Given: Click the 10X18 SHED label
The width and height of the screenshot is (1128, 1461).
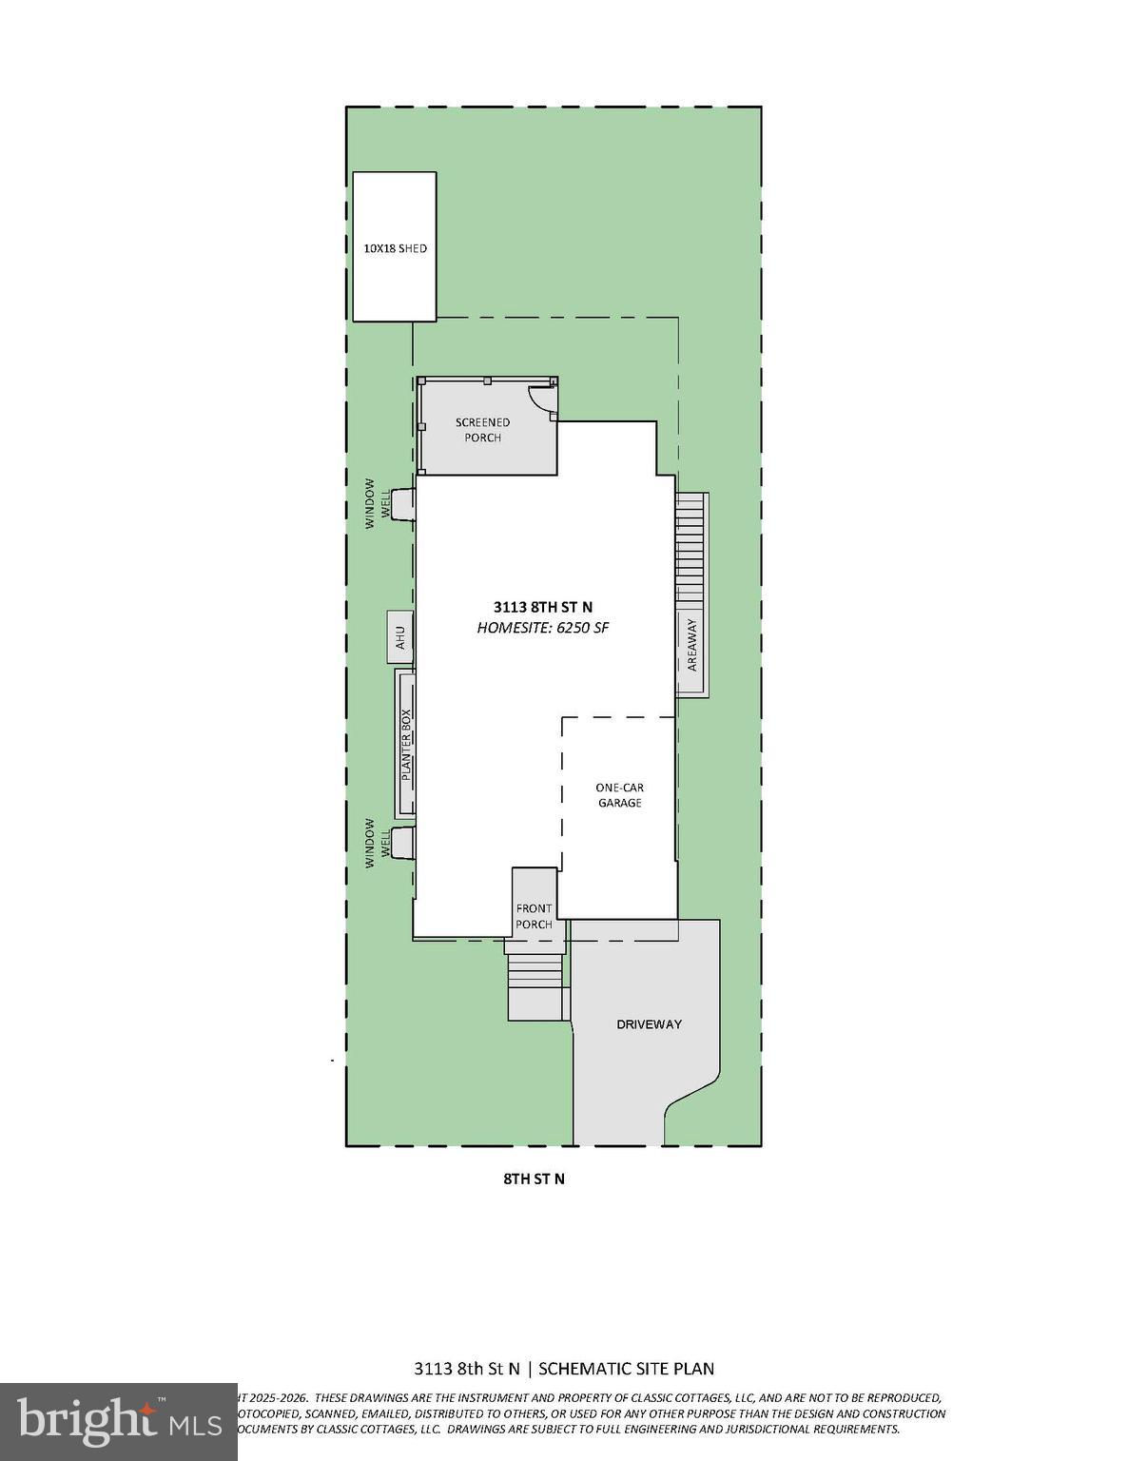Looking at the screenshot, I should (395, 248).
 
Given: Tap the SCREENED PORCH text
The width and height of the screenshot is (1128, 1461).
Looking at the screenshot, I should (482, 430).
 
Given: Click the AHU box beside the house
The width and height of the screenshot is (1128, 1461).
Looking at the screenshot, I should (400, 636).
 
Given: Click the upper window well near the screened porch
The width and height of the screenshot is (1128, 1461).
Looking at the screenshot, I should (402, 503).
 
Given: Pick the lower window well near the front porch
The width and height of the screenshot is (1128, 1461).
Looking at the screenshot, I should (402, 842).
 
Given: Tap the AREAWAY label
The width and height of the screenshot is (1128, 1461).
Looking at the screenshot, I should (692, 645).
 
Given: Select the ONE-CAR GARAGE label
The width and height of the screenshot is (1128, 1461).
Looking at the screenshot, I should (619, 795).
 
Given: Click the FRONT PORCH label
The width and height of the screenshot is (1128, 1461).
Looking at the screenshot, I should (534, 916).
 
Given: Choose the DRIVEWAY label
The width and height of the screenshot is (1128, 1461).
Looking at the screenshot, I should (650, 1024).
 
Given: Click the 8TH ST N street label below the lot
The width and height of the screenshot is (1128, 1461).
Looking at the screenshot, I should (534, 1179).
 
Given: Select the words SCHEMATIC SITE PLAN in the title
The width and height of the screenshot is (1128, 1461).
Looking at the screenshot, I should (627, 1369).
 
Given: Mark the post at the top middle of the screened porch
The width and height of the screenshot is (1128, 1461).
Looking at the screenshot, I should (486, 380).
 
